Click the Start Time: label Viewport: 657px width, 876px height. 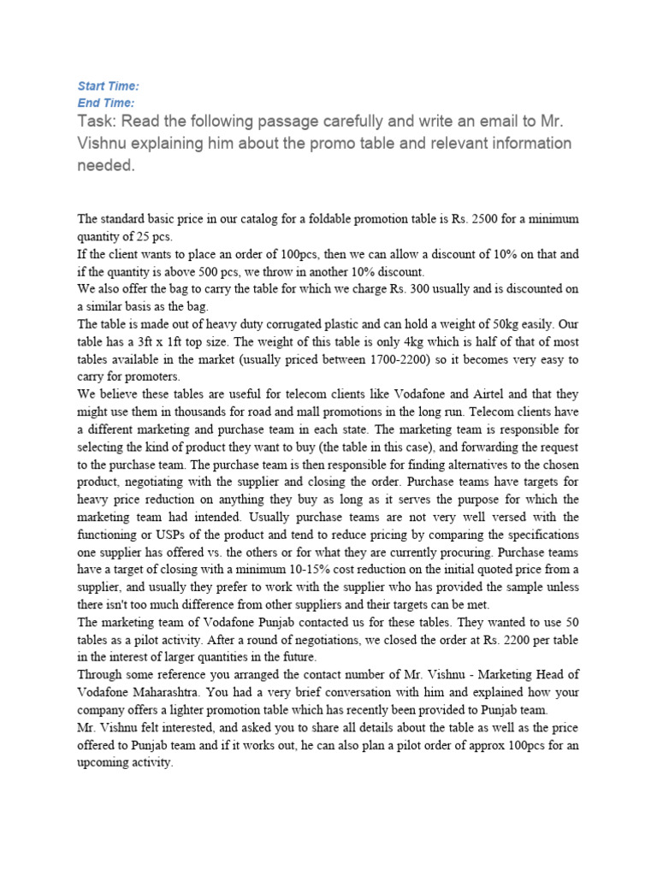[x=108, y=86]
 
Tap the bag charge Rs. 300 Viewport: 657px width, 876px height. [x=415, y=289]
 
